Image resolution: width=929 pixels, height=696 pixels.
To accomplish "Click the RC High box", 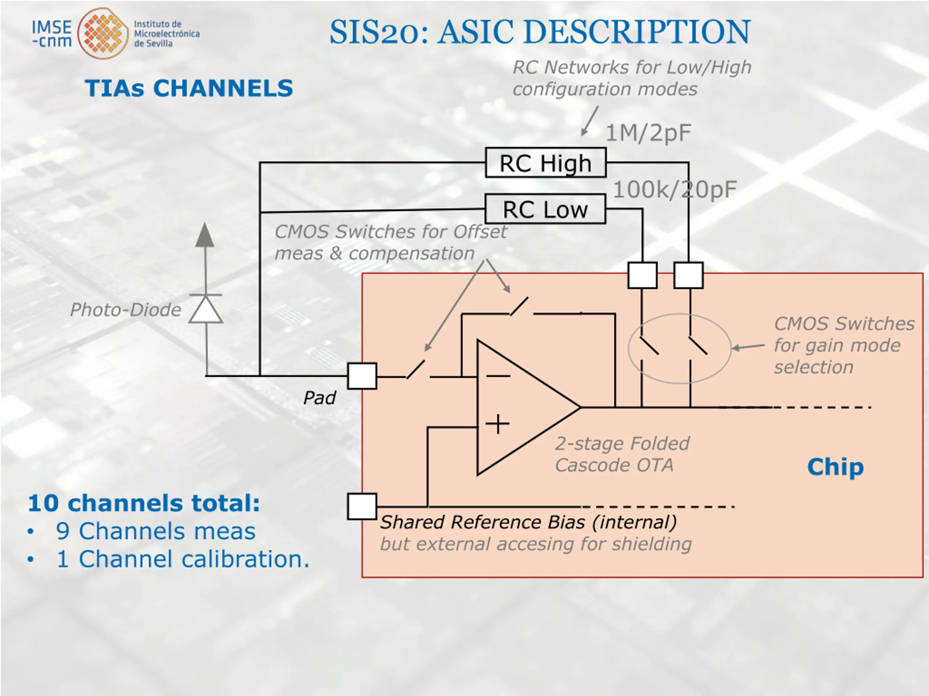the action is [545, 162].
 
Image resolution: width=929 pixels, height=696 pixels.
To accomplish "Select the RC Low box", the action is [545, 208].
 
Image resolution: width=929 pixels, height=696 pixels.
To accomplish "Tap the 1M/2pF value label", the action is [648, 133].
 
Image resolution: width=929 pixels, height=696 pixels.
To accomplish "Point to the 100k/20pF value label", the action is [675, 190].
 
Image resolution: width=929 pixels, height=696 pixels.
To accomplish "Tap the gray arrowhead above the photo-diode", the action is [205, 235].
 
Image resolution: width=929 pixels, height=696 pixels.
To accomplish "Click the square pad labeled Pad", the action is [362, 376].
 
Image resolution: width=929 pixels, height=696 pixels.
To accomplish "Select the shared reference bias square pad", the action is [362, 506].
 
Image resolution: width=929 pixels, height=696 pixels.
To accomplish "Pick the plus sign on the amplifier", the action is [498, 424].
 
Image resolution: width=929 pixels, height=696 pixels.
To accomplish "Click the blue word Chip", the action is [835, 467].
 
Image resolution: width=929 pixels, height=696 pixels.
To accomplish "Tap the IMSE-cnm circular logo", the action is [103, 33].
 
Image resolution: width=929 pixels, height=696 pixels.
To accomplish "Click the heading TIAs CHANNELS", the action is [189, 88].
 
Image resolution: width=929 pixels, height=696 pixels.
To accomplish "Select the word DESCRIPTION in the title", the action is [594, 32].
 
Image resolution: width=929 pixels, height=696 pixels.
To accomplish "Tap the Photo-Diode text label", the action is [125, 310].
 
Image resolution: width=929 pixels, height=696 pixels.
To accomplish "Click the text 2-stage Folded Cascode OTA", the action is [622, 454].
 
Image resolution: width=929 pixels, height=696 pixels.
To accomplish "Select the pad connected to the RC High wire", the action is [688, 275].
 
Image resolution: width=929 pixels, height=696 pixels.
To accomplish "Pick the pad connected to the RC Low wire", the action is [643, 275].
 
